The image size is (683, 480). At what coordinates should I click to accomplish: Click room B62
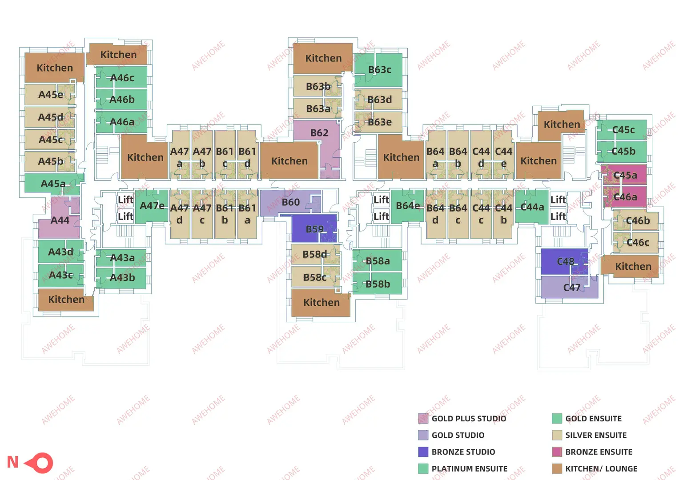click(x=319, y=133)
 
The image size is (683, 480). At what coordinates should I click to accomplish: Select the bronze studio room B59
click(x=314, y=229)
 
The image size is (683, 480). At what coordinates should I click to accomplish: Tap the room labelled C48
click(x=565, y=261)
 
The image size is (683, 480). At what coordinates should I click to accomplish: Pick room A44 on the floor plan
click(x=60, y=220)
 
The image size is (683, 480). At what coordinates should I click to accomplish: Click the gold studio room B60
click(x=290, y=202)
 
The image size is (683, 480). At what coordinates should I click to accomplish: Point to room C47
click(x=571, y=288)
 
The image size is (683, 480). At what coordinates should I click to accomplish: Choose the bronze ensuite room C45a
click(x=625, y=175)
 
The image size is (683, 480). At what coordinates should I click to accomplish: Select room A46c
click(x=122, y=78)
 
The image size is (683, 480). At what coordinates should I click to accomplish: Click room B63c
click(x=379, y=70)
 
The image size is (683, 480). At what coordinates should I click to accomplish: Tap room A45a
click(x=53, y=184)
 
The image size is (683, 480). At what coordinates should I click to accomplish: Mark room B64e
click(x=407, y=206)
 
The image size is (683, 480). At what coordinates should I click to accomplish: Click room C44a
click(x=532, y=207)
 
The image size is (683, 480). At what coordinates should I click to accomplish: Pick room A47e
click(x=152, y=206)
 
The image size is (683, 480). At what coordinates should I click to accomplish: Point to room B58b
click(x=378, y=284)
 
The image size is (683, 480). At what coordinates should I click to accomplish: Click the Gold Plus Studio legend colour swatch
click(x=423, y=419)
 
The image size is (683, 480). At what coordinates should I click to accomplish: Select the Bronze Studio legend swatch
click(x=423, y=452)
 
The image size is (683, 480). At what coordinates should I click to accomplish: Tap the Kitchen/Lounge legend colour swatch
click(x=557, y=468)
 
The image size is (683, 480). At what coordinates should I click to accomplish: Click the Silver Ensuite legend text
click(x=596, y=435)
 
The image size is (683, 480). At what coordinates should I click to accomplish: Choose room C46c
click(x=637, y=242)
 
